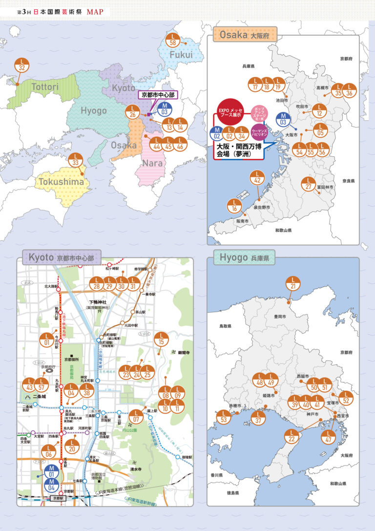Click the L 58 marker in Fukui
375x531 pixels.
[x=173, y=40]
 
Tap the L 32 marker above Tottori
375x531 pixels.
[x=22, y=65]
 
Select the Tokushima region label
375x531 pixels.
[x=62, y=182]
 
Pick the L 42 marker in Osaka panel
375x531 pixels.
[x=257, y=178]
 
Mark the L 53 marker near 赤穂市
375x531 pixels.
[x=225, y=417]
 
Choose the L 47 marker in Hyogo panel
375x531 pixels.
[x=329, y=437]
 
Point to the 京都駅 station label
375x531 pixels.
[x=59, y=498]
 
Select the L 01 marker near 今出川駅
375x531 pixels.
[x=47, y=339]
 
